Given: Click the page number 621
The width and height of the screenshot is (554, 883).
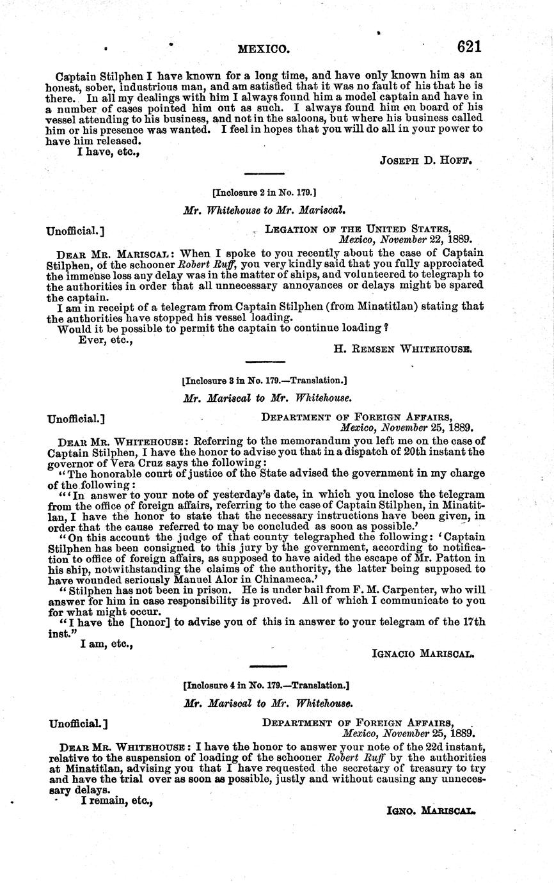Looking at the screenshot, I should pos(469,46).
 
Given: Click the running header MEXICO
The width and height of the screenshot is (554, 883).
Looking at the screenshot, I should pos(264,48).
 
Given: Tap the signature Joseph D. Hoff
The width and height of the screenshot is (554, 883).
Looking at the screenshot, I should pos(426,161).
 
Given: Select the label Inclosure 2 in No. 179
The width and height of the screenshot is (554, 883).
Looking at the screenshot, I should pos(264,192).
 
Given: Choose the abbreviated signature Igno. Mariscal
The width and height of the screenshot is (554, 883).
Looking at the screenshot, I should pos(431,811).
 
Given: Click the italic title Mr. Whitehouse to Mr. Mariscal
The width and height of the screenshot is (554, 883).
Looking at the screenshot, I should pos(265,209).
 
